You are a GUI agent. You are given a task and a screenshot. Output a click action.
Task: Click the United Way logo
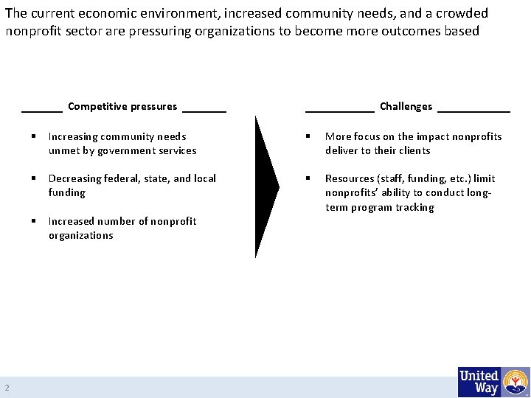tap(493, 382)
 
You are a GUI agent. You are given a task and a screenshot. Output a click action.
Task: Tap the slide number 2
tap(7, 388)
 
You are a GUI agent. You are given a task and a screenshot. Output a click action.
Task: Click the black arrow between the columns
tap(266, 186)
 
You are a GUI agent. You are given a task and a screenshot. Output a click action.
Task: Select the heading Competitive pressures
tap(122, 106)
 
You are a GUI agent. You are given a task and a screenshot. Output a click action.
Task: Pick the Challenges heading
tap(406, 106)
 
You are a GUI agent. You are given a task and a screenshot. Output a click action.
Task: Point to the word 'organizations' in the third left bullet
tap(81, 235)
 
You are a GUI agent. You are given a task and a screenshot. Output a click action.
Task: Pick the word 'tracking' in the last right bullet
tap(415, 207)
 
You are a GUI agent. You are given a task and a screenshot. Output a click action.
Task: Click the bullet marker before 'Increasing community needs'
tap(34, 136)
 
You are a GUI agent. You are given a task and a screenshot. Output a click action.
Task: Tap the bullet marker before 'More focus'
tap(310, 136)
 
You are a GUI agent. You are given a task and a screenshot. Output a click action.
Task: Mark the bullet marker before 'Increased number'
tap(34, 221)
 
